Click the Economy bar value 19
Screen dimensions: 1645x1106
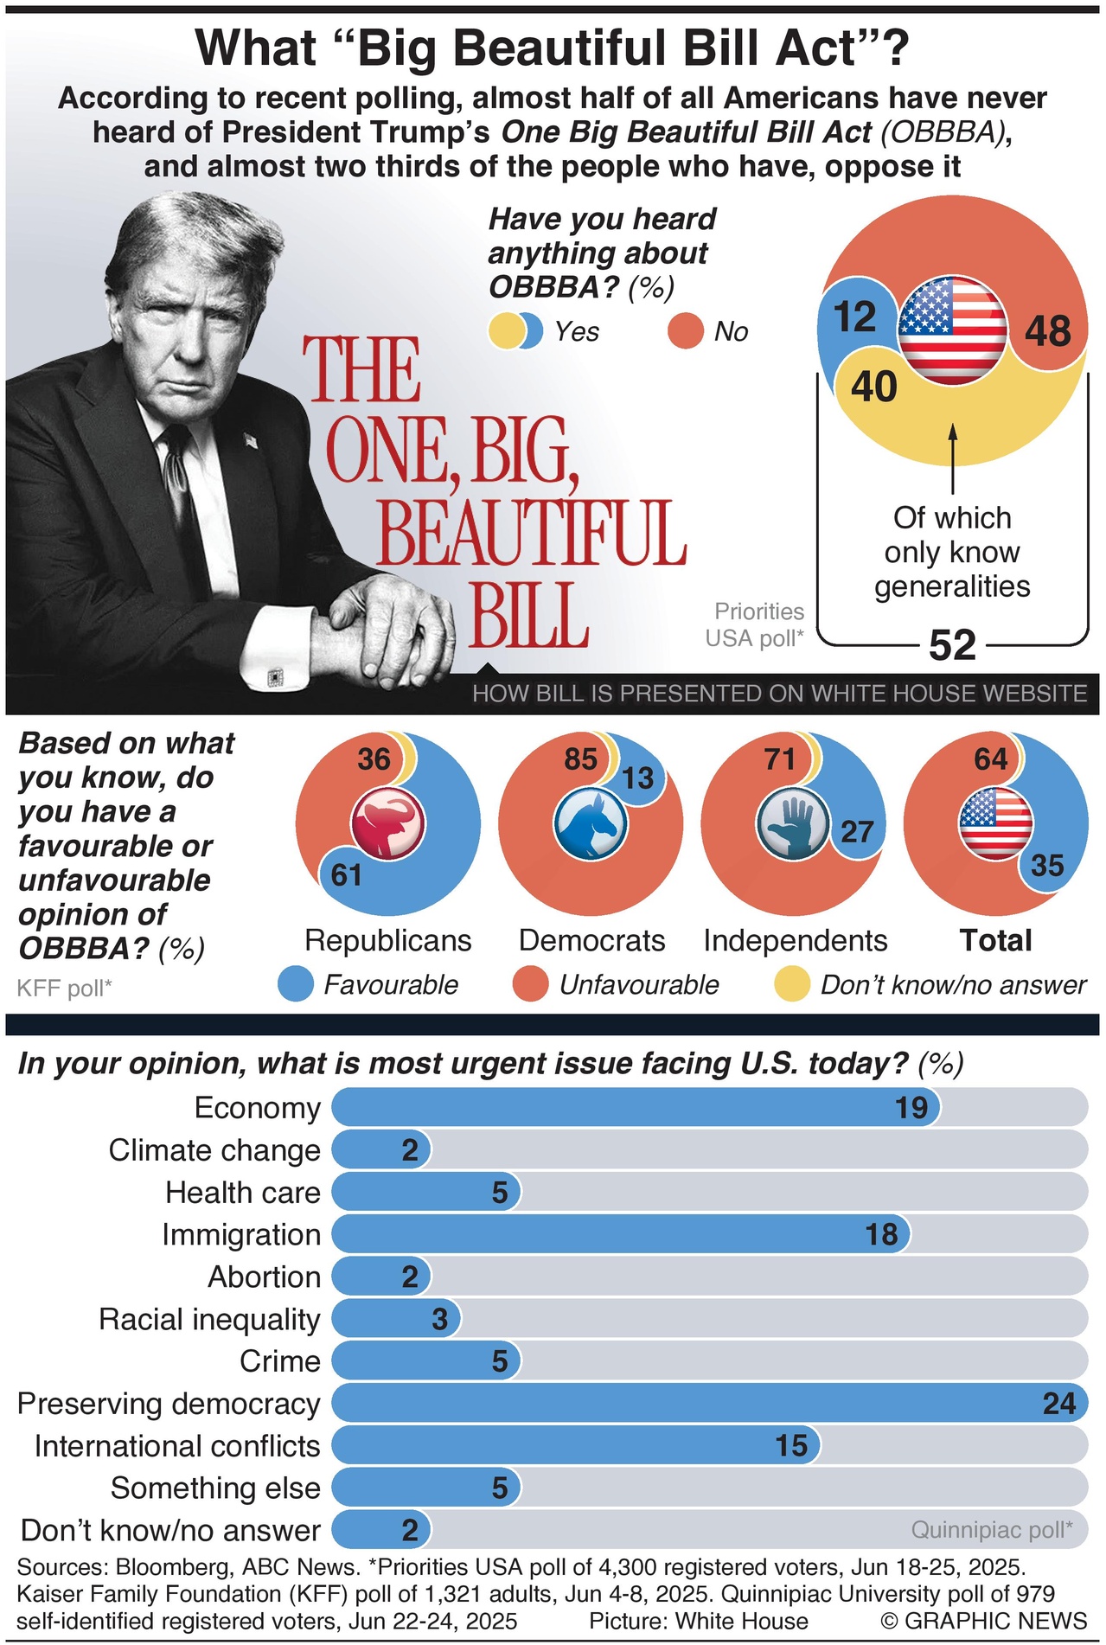click(911, 1108)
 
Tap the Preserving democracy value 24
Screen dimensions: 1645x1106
click(1058, 1403)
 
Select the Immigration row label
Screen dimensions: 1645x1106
click(241, 1234)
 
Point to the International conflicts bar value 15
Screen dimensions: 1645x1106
click(791, 1445)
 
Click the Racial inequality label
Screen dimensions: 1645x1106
click(209, 1319)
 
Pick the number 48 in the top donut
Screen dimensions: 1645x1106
click(1047, 331)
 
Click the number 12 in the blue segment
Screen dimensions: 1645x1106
click(854, 317)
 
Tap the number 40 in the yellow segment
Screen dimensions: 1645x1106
click(873, 387)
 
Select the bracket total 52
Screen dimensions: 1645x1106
click(952, 645)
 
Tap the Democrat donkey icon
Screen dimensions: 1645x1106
click(590, 823)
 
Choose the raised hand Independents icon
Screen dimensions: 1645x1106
click(793, 823)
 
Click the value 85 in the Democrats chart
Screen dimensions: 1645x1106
click(580, 759)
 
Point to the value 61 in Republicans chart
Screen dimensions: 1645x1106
click(347, 875)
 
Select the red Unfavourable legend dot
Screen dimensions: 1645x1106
click(530, 984)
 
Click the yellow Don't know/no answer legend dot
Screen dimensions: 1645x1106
click(791, 984)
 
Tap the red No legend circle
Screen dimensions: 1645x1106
click(686, 331)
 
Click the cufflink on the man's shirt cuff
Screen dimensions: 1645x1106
click(275, 675)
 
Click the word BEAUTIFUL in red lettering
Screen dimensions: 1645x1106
click(531, 533)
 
